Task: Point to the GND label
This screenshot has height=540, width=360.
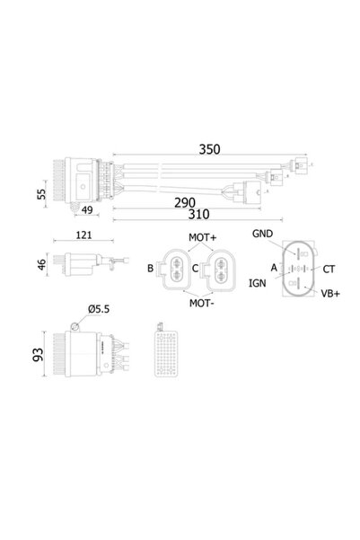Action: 263,234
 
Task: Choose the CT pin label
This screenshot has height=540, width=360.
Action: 329,268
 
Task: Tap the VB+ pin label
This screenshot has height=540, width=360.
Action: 329,294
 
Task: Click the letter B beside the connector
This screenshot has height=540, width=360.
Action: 150,267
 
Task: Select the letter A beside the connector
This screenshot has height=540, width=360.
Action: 272,267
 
